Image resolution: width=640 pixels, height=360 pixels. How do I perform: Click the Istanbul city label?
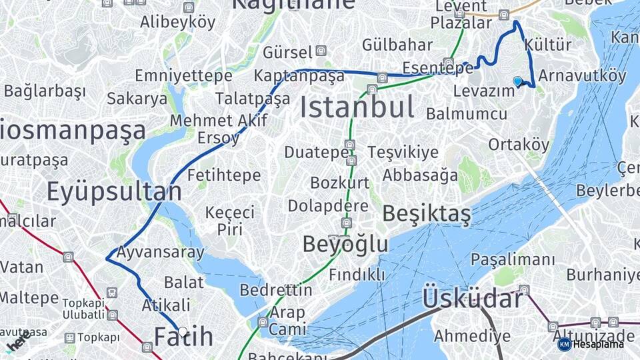point(357,107)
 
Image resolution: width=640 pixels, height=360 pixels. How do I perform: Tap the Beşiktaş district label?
point(427,214)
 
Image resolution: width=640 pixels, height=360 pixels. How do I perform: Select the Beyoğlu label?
point(345,244)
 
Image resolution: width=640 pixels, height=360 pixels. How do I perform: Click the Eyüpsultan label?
point(113,192)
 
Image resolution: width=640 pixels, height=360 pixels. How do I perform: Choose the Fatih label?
point(184,337)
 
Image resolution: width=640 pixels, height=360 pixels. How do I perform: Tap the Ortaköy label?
point(519,145)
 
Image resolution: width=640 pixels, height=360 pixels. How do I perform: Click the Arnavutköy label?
point(582,75)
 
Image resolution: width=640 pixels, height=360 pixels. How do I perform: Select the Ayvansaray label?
point(160,253)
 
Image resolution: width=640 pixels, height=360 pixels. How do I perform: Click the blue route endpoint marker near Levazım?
point(517,81)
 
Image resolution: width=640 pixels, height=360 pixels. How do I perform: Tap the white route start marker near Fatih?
point(183,331)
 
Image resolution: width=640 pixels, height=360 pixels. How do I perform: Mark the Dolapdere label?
point(328,205)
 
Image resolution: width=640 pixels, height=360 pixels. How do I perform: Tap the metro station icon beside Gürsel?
point(321,51)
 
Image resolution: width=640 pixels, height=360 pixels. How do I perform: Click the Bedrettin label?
point(275,290)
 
